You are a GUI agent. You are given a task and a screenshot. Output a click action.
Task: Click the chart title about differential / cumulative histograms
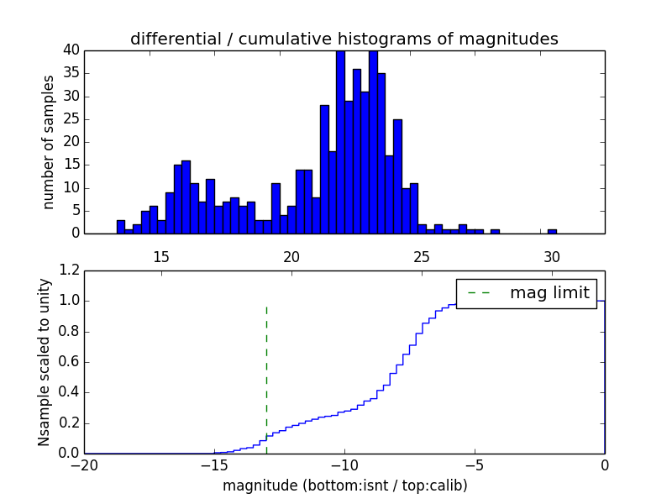pos(344,39)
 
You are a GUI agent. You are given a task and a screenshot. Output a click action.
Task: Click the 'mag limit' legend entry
pos(526,292)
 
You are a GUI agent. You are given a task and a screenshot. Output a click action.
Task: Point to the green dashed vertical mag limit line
pos(266,378)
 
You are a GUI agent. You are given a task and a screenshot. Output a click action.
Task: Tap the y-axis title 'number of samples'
pos(49,141)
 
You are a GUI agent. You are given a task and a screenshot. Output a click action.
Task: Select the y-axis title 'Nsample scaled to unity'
pos(44,362)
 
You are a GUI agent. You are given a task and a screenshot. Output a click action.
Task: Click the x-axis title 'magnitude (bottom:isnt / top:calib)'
pos(344,486)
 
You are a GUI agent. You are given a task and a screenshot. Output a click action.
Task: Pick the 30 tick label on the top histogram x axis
pos(552,256)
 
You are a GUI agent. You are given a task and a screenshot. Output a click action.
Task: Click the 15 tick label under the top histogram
pos(161,256)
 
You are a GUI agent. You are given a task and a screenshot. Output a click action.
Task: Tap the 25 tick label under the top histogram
pos(422,256)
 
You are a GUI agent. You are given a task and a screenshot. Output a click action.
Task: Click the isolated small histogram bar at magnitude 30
pos(552,231)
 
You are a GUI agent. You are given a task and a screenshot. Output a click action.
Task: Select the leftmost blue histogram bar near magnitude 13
pos(121,227)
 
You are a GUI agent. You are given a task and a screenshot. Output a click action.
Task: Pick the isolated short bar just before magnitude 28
pos(495,231)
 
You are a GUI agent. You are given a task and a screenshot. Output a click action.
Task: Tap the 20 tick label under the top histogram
pos(291,256)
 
